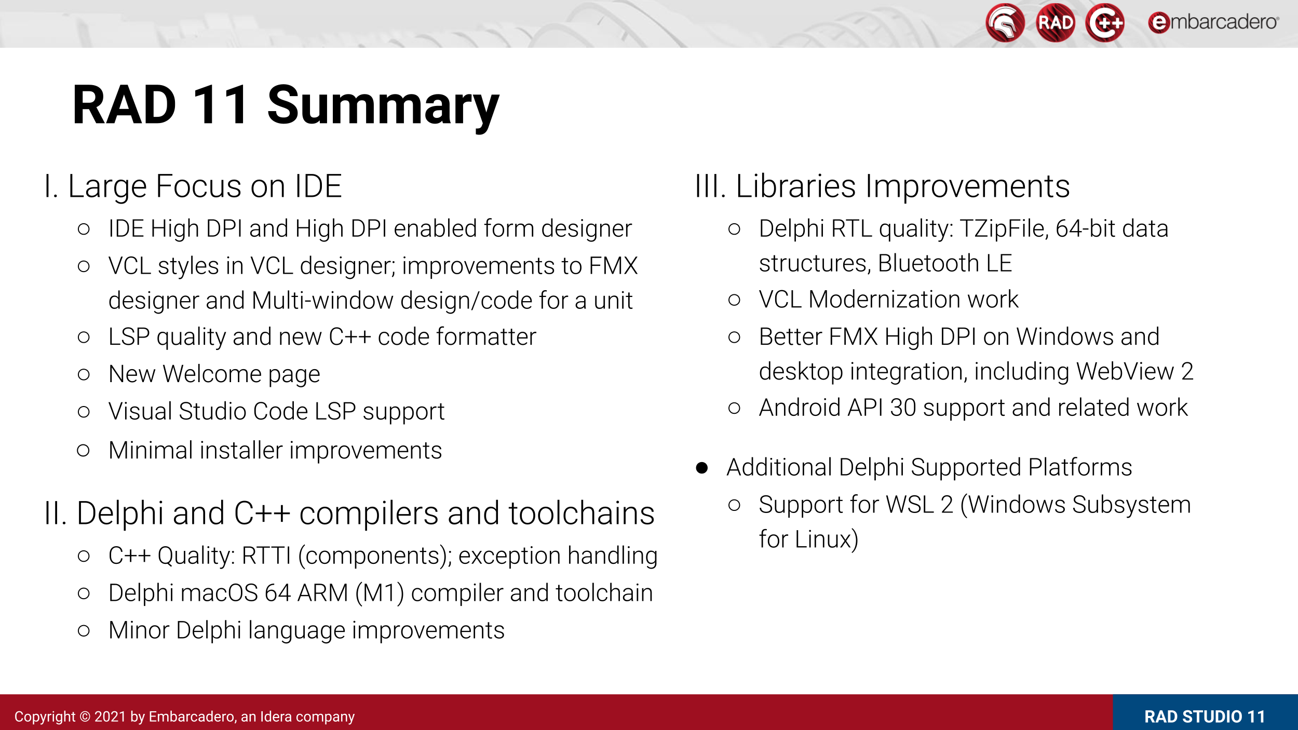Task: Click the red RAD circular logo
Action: (x=1055, y=23)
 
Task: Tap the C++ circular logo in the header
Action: (x=1105, y=23)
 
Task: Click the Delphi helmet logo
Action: (x=1005, y=23)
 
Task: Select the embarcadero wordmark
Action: (x=1213, y=22)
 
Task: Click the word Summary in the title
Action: (x=383, y=107)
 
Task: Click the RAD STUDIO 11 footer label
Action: (x=1205, y=717)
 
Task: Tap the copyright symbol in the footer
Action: (x=85, y=717)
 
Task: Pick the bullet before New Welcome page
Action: (x=84, y=374)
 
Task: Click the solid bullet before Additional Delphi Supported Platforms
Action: (x=702, y=468)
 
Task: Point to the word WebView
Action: (x=1125, y=371)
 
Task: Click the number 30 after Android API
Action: (x=903, y=408)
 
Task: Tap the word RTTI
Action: (x=266, y=556)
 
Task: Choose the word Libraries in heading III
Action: (x=796, y=186)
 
